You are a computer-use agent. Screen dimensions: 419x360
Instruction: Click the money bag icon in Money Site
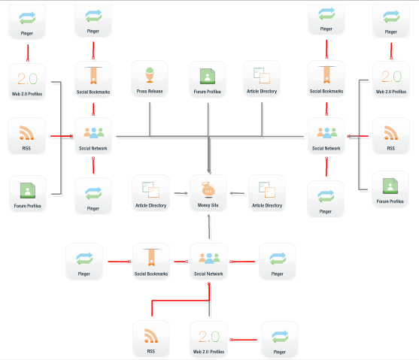[208, 189]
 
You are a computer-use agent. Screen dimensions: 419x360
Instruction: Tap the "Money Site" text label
[208, 205]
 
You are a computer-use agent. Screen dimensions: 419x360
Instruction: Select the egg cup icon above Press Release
[150, 75]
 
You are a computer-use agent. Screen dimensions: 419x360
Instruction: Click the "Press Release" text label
[150, 92]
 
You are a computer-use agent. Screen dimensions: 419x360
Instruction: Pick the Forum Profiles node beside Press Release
[208, 80]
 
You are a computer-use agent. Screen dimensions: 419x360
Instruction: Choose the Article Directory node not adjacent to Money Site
[262, 79]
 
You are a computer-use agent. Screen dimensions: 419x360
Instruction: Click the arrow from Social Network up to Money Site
[209, 227]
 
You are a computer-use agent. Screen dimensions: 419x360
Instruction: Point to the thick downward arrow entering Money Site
[209, 156]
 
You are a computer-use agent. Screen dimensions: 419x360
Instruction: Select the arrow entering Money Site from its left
[181, 193]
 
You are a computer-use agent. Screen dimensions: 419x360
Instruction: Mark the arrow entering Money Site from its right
[237, 193]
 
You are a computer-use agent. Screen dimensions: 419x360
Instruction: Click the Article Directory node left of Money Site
[151, 193]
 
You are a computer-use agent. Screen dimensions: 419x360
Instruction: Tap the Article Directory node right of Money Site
[267, 193]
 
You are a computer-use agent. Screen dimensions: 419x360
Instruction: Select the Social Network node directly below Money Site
[208, 262]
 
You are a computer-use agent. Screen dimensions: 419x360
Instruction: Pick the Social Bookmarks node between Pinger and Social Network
[151, 262]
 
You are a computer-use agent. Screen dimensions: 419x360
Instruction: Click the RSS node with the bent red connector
[151, 339]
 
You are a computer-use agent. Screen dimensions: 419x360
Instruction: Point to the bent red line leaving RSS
[181, 301]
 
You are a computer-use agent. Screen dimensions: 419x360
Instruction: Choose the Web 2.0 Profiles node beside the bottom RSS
[208, 340]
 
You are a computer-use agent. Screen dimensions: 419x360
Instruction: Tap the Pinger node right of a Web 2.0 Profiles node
[280, 340]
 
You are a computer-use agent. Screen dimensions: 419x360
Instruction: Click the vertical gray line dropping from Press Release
[150, 119]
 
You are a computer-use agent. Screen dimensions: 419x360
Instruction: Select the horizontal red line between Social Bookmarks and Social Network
[181, 262]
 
